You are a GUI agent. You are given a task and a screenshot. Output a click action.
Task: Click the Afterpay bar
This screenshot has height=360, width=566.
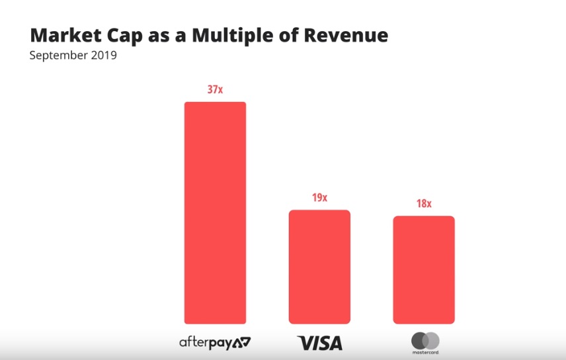pyautogui.click(x=215, y=212)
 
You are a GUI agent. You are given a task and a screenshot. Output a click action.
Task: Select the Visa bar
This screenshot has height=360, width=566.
pyautogui.click(x=319, y=267)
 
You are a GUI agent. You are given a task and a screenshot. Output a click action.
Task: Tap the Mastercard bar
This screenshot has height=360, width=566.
pyautogui.click(x=424, y=269)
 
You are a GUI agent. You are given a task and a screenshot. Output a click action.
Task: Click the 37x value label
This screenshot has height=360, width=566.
pyautogui.click(x=215, y=89)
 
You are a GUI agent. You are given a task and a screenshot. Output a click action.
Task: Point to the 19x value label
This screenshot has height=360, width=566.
pyautogui.click(x=319, y=197)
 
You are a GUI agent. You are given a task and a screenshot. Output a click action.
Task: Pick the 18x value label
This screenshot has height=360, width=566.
pyautogui.click(x=424, y=204)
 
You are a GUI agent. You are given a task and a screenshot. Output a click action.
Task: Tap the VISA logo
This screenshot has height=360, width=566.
pyautogui.click(x=319, y=343)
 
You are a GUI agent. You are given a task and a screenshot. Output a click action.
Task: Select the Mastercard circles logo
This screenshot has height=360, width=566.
pyautogui.click(x=425, y=340)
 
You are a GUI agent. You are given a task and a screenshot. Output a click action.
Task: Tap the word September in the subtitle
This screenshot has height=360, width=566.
pyautogui.click(x=58, y=56)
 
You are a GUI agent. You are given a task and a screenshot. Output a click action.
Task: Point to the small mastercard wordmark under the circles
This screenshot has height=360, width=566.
pyautogui.click(x=425, y=353)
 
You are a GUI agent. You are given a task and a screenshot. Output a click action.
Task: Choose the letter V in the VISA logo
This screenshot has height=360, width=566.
pyautogui.click(x=305, y=343)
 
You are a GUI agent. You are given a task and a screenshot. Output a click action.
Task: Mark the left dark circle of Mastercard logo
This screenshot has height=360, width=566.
pyautogui.click(x=419, y=340)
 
